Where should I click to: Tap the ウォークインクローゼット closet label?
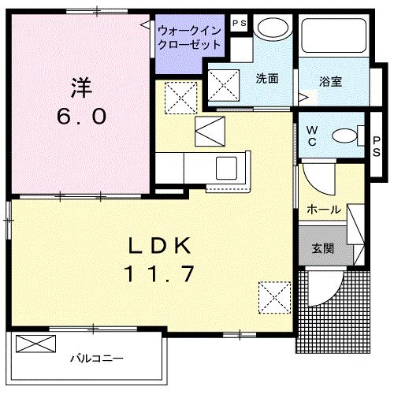tap(188, 38)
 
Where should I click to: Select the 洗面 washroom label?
tap(267, 79)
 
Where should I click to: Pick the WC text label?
tap(311, 136)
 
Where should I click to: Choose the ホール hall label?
tap(324, 210)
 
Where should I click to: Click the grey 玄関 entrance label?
tap(323, 248)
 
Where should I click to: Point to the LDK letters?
tap(160, 247)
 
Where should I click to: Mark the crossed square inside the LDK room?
tap(275, 298)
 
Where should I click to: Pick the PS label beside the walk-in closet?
tap(239, 24)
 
